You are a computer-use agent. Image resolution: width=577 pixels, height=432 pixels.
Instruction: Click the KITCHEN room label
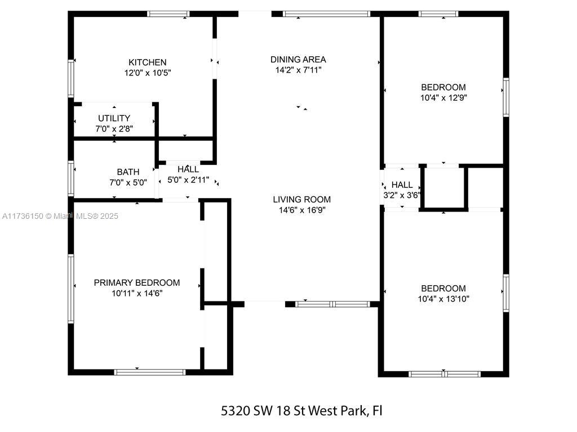point(147,62)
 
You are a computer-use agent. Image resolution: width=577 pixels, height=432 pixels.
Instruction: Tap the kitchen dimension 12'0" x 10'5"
point(148,73)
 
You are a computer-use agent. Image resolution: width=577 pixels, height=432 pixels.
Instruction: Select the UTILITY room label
point(114,118)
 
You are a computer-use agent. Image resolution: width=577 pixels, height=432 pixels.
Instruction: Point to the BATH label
point(128,172)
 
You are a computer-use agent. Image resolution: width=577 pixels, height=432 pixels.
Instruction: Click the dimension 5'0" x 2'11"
point(188,180)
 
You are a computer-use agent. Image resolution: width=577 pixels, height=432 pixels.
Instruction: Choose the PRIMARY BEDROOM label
point(137,283)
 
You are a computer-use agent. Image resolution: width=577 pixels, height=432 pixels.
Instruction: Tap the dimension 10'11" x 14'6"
point(137,293)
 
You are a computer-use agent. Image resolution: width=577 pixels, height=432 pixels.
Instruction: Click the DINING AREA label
point(298,60)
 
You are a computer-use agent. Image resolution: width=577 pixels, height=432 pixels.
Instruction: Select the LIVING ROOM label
point(302,200)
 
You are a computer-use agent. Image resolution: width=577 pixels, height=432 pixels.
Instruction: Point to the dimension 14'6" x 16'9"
point(302,210)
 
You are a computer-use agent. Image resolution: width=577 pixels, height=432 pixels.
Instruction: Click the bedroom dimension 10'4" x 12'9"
point(443,98)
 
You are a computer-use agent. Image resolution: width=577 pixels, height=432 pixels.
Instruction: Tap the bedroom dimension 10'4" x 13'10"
point(443,299)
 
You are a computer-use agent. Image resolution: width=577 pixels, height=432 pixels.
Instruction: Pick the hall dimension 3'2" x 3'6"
point(401,195)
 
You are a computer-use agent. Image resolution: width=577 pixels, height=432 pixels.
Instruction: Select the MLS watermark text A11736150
point(23,217)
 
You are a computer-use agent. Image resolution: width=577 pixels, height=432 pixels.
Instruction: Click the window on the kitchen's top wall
point(168,14)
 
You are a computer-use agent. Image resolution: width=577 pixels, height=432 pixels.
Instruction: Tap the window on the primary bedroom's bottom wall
point(150,372)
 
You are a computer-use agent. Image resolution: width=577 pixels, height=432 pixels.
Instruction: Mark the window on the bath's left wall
point(71,178)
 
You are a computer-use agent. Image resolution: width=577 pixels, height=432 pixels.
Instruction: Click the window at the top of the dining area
point(326,14)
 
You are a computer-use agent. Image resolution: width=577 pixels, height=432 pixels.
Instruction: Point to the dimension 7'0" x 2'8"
point(114,129)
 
